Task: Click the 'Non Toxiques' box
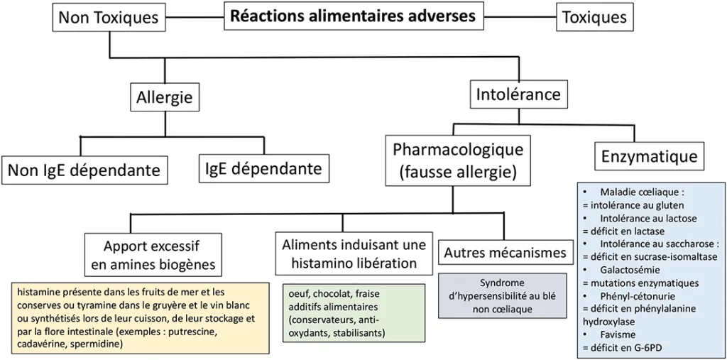(x=108, y=18)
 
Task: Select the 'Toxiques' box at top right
(x=595, y=18)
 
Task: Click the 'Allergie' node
(x=165, y=97)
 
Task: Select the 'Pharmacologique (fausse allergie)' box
(x=458, y=160)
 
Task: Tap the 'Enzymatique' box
(x=649, y=157)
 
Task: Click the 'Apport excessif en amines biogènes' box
(x=151, y=256)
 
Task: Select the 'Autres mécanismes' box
(x=505, y=252)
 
